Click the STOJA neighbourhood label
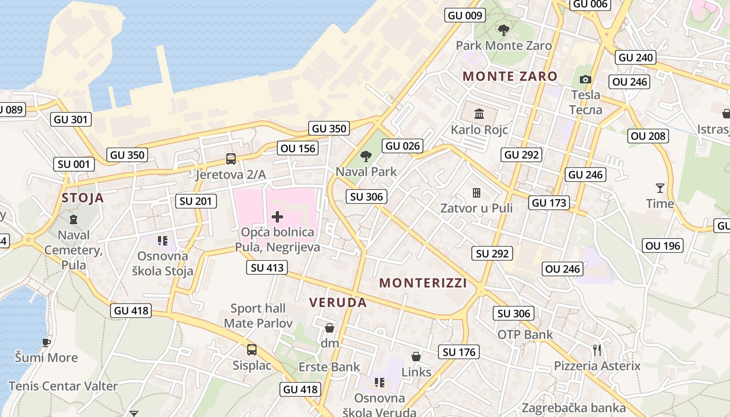pyautogui.click(x=82, y=198)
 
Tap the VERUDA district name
pyautogui.click(x=338, y=302)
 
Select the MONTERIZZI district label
pyautogui.click(x=423, y=283)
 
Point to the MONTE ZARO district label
pyautogui.click(x=510, y=76)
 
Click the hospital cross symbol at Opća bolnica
pyautogui.click(x=277, y=217)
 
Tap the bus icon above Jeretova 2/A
pyautogui.click(x=230, y=159)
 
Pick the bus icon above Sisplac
pyautogui.click(x=252, y=350)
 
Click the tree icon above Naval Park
pyautogui.click(x=366, y=156)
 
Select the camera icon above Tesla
pyautogui.click(x=586, y=80)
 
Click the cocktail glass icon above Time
pyautogui.click(x=660, y=188)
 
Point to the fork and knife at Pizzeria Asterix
pyautogui.click(x=597, y=350)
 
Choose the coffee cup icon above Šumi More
pyautogui.click(x=46, y=342)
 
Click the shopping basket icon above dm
pyautogui.click(x=330, y=328)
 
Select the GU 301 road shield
pyautogui.click(x=71, y=119)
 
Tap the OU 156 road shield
pyautogui.click(x=298, y=149)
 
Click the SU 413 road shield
pyautogui.click(x=267, y=268)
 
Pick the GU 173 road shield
pyautogui.click(x=549, y=203)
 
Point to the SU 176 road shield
pyautogui.click(x=459, y=352)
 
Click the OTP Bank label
pyautogui.click(x=525, y=335)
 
